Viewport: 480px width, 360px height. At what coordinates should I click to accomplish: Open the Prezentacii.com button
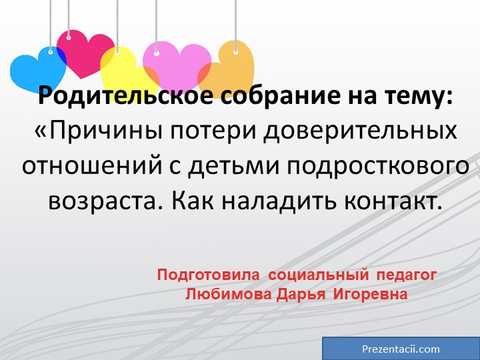[x=401, y=349]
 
